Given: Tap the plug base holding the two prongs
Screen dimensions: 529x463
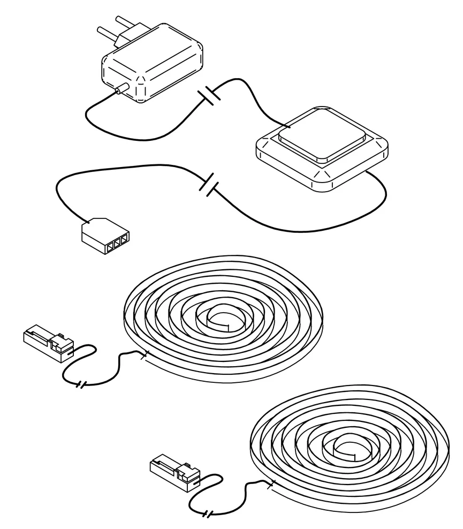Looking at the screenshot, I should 124,39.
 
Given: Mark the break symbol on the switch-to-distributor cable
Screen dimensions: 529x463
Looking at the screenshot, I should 209,183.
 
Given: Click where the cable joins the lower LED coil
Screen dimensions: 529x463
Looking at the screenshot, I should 271,485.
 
